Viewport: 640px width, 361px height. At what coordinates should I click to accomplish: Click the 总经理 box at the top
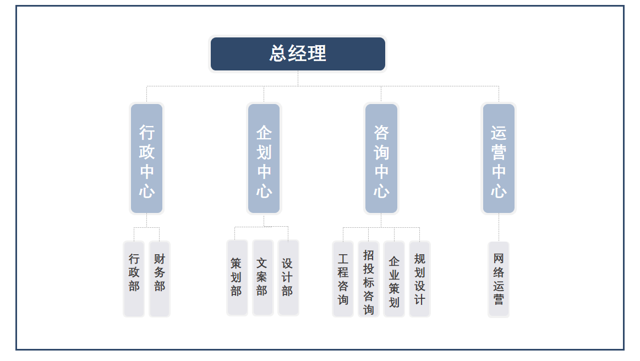coord(298,54)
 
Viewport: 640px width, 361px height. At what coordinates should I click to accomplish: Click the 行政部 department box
coord(134,278)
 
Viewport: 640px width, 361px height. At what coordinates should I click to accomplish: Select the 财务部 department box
coord(160,278)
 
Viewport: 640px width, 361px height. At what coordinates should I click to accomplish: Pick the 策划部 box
coord(237,277)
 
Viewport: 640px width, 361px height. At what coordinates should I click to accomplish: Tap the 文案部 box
coord(262,277)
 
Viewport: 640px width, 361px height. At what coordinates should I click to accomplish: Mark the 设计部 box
coord(288,277)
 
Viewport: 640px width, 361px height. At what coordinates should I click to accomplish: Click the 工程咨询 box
coord(343,278)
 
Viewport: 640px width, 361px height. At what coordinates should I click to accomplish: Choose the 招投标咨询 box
coord(368,278)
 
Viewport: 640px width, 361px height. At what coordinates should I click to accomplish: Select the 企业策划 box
coord(394,278)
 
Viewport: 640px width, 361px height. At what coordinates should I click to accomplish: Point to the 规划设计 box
coord(419,278)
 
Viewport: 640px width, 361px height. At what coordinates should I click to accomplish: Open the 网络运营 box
coord(499,279)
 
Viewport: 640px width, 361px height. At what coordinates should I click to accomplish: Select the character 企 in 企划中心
coord(264,133)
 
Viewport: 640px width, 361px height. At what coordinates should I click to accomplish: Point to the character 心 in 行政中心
coord(146,191)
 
